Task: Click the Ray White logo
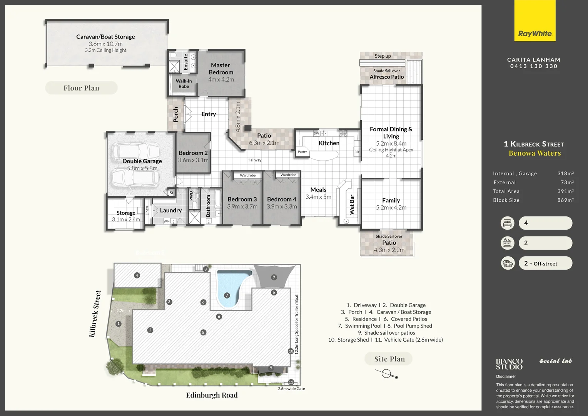[x=535, y=34]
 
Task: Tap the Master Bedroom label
[x=221, y=69]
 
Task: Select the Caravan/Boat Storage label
[x=105, y=37]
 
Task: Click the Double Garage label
[x=142, y=161]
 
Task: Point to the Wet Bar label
[x=352, y=204]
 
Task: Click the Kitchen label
[x=329, y=143]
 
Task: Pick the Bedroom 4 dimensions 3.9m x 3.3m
[x=282, y=206]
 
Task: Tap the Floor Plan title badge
[x=81, y=88]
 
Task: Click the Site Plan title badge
[x=389, y=359]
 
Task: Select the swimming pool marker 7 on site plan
[x=227, y=295]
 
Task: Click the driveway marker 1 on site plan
[x=119, y=324]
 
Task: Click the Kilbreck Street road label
[x=95, y=314]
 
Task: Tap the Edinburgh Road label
[x=212, y=395]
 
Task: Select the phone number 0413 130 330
[x=534, y=66]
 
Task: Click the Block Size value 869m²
[x=565, y=200]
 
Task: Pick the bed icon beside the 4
[x=507, y=223]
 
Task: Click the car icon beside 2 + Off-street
[x=507, y=263]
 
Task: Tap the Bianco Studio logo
[x=509, y=364]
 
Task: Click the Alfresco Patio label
[x=387, y=77]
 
